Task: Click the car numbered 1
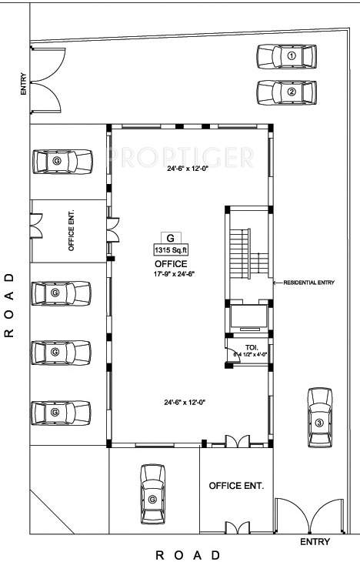[x=286, y=56]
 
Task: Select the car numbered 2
[x=286, y=92]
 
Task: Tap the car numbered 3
[x=319, y=417]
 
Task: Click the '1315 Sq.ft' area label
[x=171, y=249]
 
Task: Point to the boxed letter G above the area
[x=170, y=237]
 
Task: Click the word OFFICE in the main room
[x=171, y=263]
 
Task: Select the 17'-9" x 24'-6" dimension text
[x=171, y=273]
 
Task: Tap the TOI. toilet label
[x=251, y=347]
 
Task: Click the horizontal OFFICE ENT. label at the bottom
[x=236, y=486]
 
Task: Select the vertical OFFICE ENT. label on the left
[x=72, y=231]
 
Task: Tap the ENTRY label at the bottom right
[x=315, y=542]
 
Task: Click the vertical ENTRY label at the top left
[x=24, y=83]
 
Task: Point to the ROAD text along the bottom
[x=188, y=554]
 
